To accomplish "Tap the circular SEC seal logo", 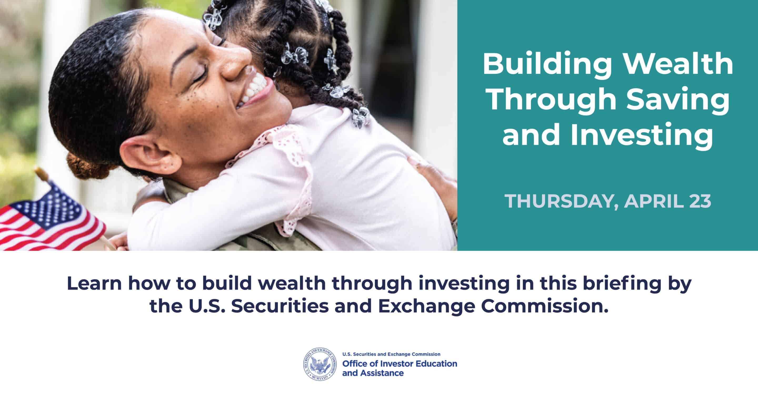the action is click(320, 364).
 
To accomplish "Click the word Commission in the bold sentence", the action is click(544, 307).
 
